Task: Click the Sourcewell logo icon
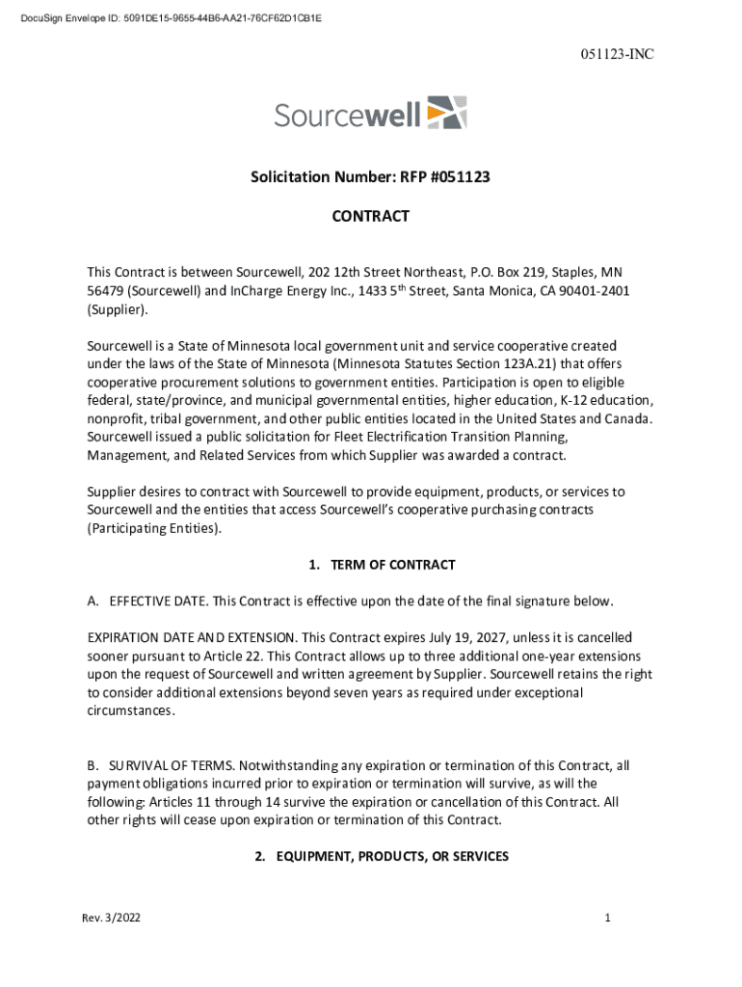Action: pyautogui.click(x=446, y=113)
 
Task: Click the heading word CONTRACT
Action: pyautogui.click(x=371, y=216)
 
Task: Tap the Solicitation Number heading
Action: pyautogui.click(x=371, y=177)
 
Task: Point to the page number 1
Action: pyautogui.click(x=608, y=919)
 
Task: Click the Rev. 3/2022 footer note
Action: pyautogui.click(x=111, y=919)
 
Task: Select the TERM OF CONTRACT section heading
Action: pyautogui.click(x=383, y=565)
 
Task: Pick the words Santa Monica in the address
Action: pyautogui.click(x=504, y=291)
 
